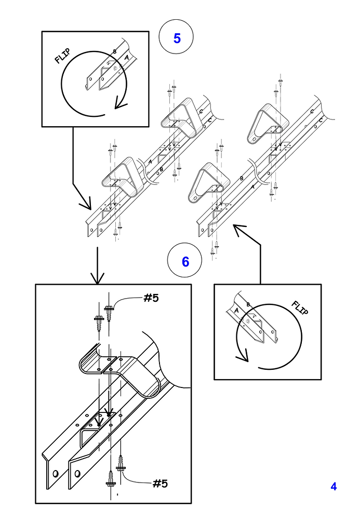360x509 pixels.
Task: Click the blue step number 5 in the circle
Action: (177, 38)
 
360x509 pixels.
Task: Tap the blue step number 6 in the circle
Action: (185, 262)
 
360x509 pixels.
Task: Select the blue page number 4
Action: (334, 487)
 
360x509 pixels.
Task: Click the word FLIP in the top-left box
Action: (62, 56)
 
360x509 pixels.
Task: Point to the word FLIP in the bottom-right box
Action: (299, 308)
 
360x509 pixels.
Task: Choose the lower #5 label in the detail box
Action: (159, 484)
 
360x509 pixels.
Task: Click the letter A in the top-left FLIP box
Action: (126, 58)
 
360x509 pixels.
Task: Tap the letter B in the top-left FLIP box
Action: (115, 51)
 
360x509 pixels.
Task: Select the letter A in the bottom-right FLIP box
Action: (237, 311)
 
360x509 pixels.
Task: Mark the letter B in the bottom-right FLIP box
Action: (248, 304)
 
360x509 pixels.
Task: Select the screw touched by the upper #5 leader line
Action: (109, 312)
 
